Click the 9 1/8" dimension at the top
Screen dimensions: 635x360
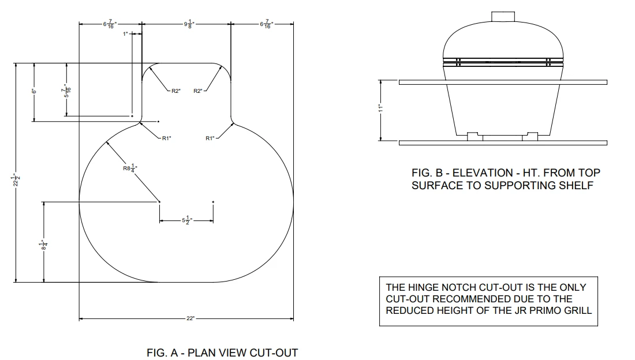[x=189, y=24]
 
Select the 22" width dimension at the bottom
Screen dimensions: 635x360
[x=190, y=318]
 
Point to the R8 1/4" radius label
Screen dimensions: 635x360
[x=130, y=168]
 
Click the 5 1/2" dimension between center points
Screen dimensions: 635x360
[x=186, y=220]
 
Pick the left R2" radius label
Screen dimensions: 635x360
[x=175, y=91]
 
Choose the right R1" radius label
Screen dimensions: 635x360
[x=210, y=138]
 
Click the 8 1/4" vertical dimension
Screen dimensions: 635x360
[x=44, y=245]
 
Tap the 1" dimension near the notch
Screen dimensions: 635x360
[x=125, y=34]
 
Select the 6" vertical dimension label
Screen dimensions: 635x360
[x=34, y=91]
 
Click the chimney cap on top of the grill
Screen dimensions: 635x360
[x=503, y=17]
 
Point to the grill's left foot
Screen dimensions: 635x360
[x=475, y=137]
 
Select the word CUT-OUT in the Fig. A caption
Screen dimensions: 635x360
[x=274, y=352]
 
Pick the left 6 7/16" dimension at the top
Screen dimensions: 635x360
[x=109, y=24]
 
